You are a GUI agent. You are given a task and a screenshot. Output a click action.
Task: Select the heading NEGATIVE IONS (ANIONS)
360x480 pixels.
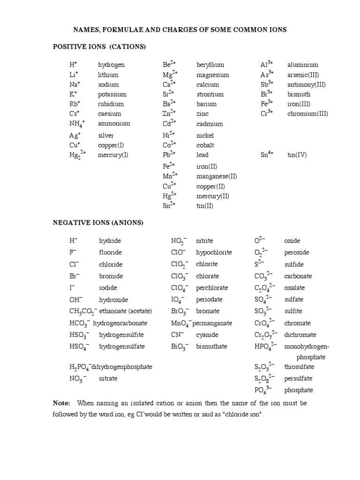(x=97, y=223)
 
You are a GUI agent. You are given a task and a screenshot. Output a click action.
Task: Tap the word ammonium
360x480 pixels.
(x=114, y=124)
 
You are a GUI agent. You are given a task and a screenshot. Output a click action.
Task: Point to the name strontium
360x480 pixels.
(x=210, y=94)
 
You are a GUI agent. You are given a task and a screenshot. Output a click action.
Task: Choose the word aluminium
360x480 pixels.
(x=302, y=65)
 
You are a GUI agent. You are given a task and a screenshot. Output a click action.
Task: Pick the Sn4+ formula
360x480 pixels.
(x=267, y=155)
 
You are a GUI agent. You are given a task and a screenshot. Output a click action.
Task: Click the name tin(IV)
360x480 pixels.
(x=297, y=155)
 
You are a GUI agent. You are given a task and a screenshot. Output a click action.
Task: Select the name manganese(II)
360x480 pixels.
(x=217, y=177)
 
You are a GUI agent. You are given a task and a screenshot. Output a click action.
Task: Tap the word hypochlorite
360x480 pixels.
(x=214, y=253)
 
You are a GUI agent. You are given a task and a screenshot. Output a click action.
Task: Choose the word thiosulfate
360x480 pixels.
(x=299, y=367)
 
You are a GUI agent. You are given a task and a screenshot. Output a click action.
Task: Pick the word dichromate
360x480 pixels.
(x=300, y=335)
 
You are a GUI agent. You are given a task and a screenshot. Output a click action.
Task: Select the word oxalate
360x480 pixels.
(x=294, y=288)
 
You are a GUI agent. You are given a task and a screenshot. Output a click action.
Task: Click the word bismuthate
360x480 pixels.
(x=211, y=347)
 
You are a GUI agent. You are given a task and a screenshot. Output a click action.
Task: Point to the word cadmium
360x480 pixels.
(x=210, y=124)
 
